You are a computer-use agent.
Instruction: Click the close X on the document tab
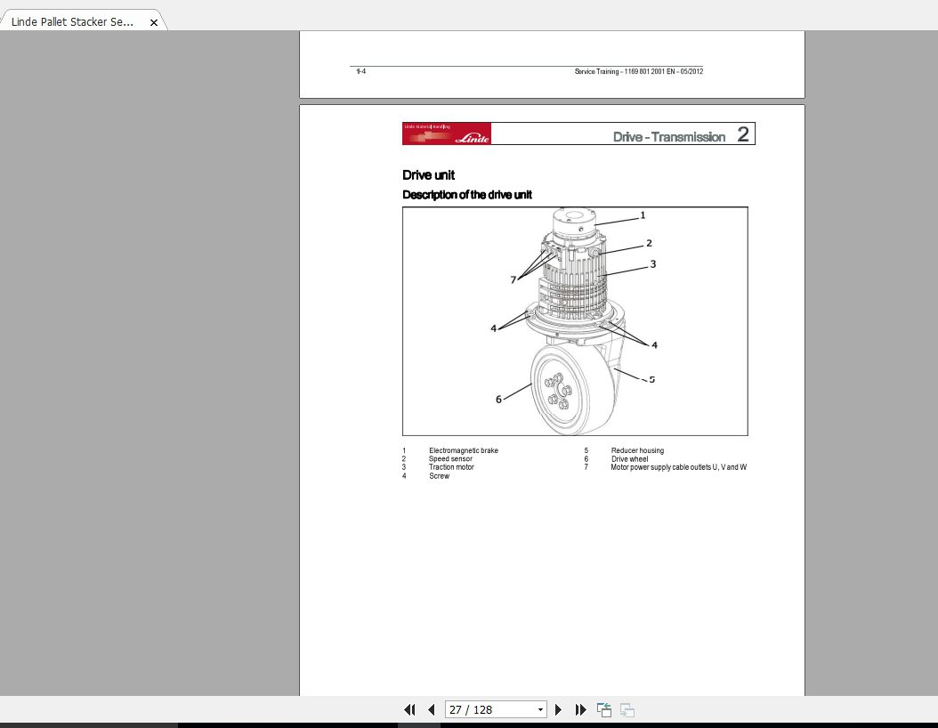[x=153, y=22]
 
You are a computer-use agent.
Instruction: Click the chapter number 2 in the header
[x=743, y=135]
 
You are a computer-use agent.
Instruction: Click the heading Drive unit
[x=428, y=175]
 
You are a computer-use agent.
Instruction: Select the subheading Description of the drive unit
[x=467, y=195]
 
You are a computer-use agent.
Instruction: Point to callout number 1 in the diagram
[x=643, y=215]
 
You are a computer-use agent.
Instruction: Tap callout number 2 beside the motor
[x=649, y=243]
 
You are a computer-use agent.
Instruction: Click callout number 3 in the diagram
[x=652, y=264]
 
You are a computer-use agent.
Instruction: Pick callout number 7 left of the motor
[x=513, y=279]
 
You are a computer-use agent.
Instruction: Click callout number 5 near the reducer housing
[x=651, y=379]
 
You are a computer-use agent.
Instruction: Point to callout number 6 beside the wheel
[x=498, y=400]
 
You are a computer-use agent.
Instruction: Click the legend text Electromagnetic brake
[x=463, y=450]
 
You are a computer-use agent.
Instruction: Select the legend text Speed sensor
[x=450, y=459]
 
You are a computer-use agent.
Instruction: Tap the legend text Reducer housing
[x=637, y=450]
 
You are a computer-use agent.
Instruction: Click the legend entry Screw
[x=439, y=476]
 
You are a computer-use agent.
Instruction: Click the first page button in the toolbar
[x=409, y=709]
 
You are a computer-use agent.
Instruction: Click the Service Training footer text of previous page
[x=638, y=71]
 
